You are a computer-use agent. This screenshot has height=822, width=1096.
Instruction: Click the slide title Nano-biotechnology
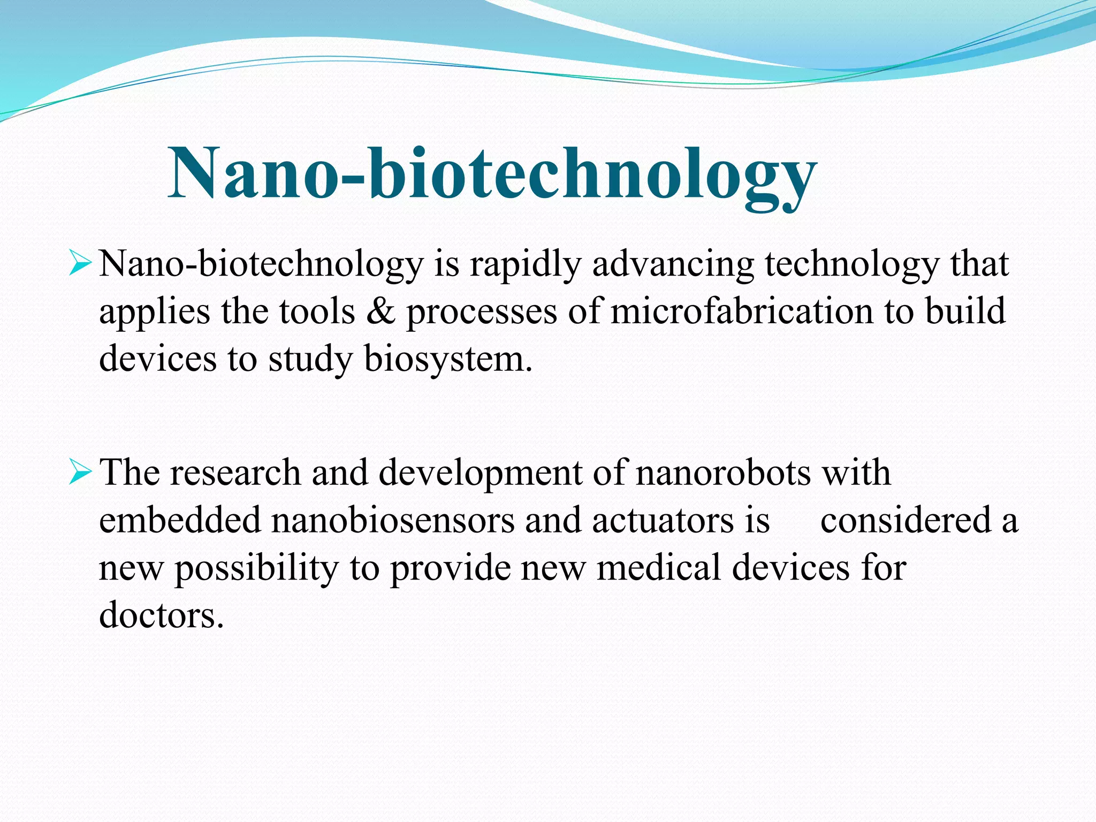click(492, 174)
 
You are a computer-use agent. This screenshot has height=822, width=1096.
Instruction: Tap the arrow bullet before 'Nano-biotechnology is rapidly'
click(80, 264)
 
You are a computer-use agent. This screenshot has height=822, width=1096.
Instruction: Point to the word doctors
click(161, 614)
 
